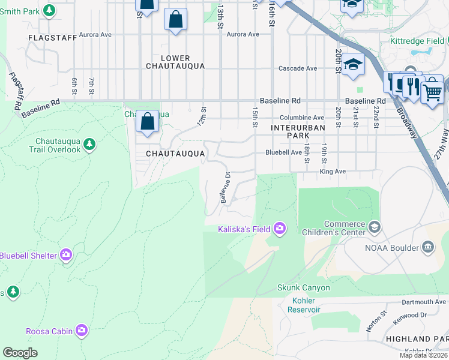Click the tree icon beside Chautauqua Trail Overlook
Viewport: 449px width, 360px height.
(89, 144)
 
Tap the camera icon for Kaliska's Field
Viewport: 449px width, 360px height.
(279, 228)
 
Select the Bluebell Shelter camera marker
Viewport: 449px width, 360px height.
(66, 256)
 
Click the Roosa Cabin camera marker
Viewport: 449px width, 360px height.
(82, 331)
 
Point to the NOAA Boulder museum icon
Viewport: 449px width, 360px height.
(427, 247)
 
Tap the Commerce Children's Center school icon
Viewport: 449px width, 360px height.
(375, 226)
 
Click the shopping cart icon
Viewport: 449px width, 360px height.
(432, 93)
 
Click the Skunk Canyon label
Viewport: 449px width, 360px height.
(303, 287)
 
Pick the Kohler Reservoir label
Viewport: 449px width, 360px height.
(304, 305)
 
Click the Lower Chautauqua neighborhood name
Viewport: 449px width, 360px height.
(175, 62)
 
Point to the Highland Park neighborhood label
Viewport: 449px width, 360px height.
(417, 339)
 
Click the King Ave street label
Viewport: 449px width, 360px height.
(333, 172)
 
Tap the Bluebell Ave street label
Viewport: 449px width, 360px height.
(284, 152)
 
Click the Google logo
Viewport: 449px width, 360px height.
(20, 353)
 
